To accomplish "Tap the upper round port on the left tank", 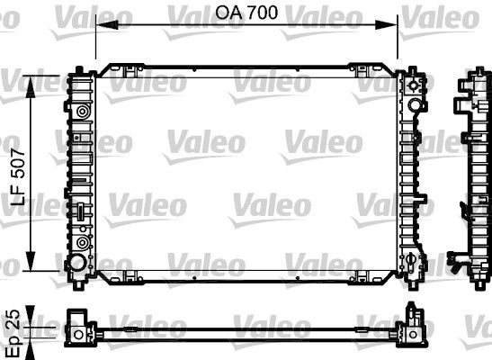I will (x=83, y=112).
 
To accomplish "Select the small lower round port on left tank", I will (x=83, y=243).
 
